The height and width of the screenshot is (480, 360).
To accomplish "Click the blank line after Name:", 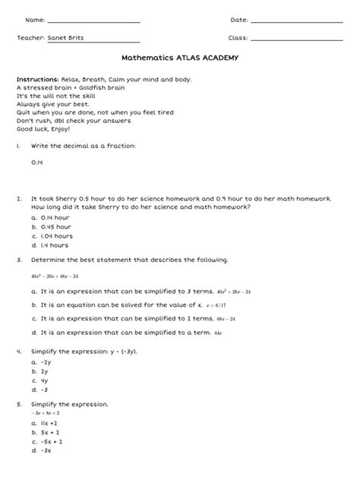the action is click(93, 22).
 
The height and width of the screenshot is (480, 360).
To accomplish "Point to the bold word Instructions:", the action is click(37, 79).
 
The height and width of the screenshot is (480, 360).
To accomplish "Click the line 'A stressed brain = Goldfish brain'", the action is click(60, 87).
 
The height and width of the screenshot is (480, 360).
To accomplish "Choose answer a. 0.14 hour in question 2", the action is click(52, 217).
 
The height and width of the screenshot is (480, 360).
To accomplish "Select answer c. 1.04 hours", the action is click(52, 235).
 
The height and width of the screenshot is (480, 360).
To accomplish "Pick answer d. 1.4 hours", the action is click(51, 245).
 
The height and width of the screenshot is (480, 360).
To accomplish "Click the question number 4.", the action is click(18, 352).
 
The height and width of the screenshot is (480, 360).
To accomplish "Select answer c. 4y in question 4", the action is click(41, 381).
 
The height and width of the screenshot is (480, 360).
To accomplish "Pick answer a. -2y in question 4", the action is click(42, 362).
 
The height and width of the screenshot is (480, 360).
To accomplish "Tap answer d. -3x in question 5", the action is click(42, 450).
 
